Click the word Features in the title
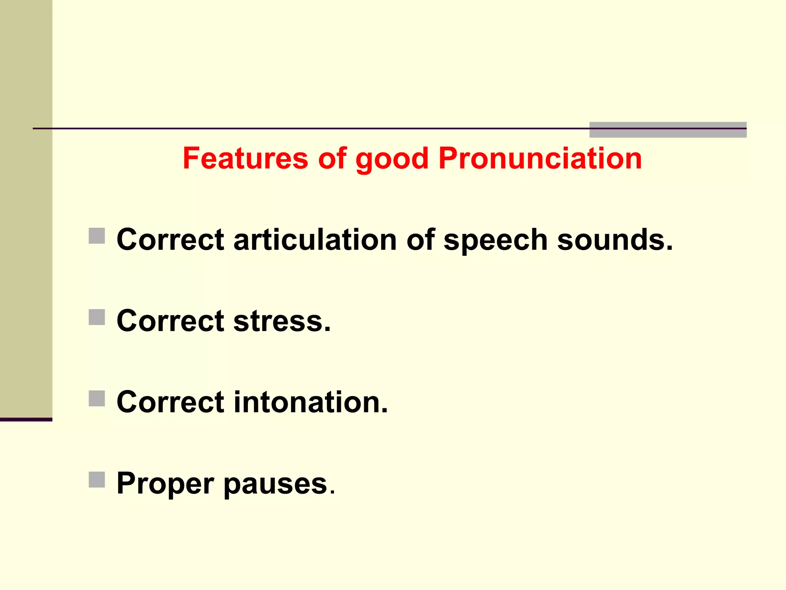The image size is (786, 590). (x=246, y=158)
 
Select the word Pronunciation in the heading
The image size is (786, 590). (x=540, y=158)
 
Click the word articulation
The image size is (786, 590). (x=315, y=240)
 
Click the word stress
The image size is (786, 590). (x=282, y=321)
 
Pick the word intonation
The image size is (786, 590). (x=310, y=402)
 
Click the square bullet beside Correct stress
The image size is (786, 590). (x=97, y=317)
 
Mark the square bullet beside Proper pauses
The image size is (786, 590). (x=97, y=479)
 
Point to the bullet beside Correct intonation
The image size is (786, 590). (x=97, y=398)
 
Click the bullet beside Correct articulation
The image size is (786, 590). (x=97, y=236)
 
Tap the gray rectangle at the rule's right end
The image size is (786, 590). (x=668, y=130)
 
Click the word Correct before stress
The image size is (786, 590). (x=170, y=321)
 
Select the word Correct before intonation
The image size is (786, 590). (x=170, y=402)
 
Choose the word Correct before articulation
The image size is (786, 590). (x=170, y=240)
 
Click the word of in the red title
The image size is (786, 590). (x=332, y=158)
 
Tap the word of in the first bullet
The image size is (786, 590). (x=420, y=240)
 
